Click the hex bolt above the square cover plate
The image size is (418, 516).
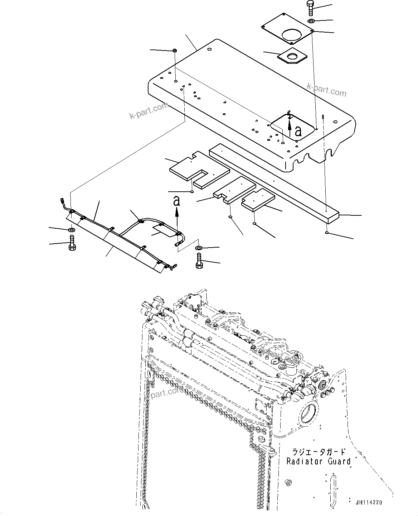click(310, 8)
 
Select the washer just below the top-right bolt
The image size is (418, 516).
click(312, 21)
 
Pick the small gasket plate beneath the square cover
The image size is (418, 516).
click(293, 57)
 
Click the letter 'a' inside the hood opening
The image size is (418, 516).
click(298, 131)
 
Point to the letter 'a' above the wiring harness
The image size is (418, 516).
click(176, 201)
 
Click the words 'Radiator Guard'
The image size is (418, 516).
click(318, 461)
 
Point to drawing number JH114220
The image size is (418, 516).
click(368, 502)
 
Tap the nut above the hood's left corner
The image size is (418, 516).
click(174, 50)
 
